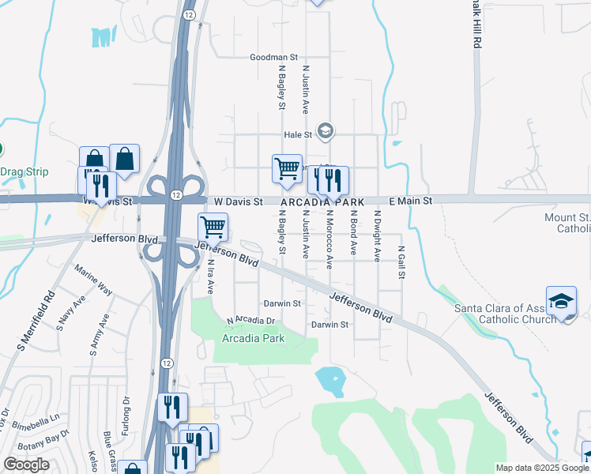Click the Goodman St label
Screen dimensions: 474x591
273,58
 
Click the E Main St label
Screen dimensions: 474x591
409,201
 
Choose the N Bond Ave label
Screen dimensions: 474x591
352,232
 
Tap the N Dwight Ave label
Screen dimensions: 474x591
377,235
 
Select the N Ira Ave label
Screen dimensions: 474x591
211,276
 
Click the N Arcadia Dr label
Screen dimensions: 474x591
254,321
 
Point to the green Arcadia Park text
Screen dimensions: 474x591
253,338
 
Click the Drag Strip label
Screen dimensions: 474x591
24,171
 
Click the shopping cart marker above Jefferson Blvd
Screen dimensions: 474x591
213,228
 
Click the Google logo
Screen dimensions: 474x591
26,465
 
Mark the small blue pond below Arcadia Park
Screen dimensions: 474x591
330,381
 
